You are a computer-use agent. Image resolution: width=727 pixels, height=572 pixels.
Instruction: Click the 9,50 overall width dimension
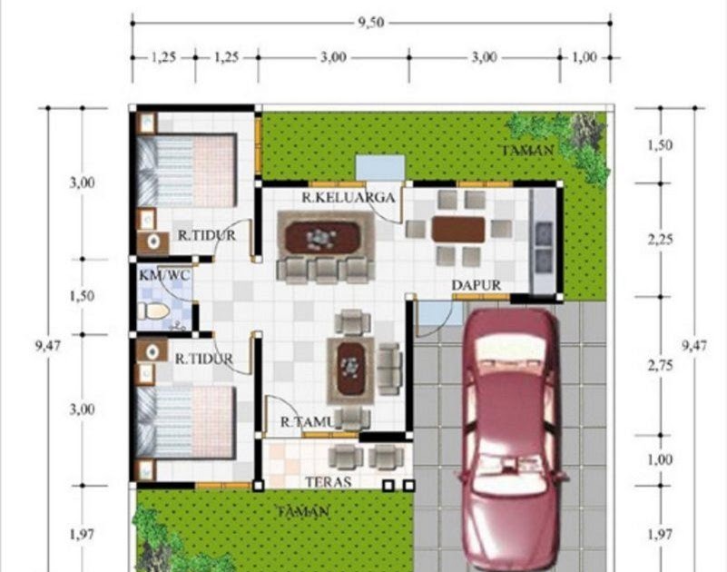coord(371,23)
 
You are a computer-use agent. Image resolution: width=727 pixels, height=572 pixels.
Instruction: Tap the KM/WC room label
coord(164,275)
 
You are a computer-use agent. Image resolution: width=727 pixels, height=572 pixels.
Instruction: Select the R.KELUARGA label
coord(349,198)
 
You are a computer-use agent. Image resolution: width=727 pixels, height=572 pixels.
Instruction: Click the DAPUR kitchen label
coord(476,285)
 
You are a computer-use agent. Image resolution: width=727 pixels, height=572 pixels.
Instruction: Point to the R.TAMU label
coord(308,421)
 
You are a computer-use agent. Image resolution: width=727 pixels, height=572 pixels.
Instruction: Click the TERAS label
coord(328,482)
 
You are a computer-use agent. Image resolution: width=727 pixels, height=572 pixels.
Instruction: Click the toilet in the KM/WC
coord(154,311)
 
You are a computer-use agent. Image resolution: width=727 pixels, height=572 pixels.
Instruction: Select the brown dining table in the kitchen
coord(458,229)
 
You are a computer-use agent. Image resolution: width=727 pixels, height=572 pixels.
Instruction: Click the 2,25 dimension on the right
coord(660,240)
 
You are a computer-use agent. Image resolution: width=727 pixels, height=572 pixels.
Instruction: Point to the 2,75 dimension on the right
coord(660,366)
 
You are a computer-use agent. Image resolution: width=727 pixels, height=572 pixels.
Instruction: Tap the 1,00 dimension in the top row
coord(585,57)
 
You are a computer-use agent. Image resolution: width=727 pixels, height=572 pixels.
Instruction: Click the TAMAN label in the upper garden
coord(527,151)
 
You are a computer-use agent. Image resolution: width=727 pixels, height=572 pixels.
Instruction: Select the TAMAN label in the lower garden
coord(304,512)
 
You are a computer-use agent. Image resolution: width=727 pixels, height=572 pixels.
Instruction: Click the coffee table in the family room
coord(323,237)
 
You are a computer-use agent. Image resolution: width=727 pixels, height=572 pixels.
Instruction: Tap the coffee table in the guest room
coord(350,369)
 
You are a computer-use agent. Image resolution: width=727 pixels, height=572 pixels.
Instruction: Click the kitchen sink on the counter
coord(544,248)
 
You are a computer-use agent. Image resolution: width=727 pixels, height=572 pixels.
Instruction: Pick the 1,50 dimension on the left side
coord(82,296)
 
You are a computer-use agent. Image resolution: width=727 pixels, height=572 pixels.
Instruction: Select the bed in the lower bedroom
coord(186,421)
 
